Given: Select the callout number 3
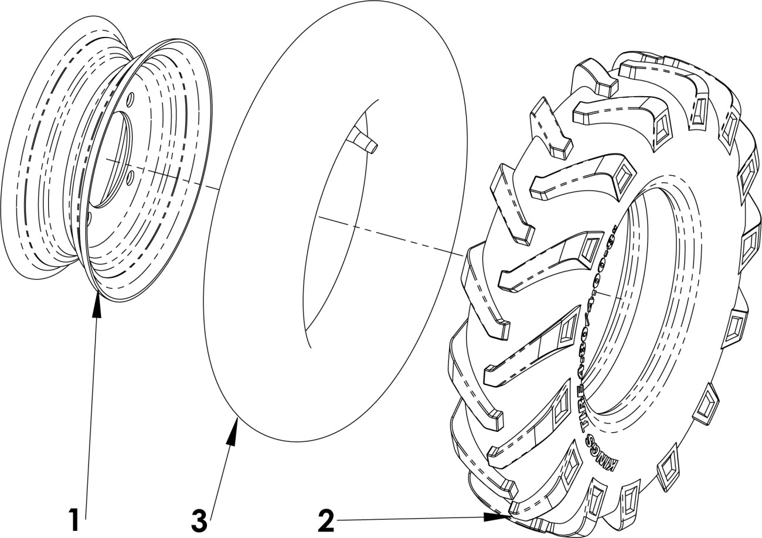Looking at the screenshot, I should click(199, 520).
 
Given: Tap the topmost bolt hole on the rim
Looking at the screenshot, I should click(130, 98).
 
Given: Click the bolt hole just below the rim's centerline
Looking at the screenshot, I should click(130, 176).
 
